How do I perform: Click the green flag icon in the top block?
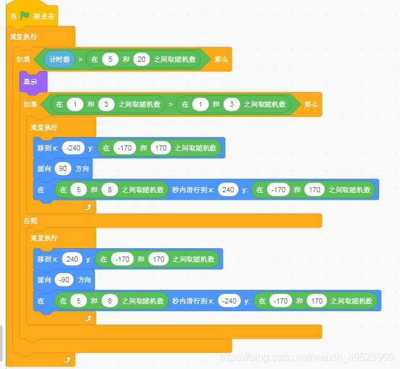click(x=24, y=15)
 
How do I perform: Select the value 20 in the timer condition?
click(x=141, y=60)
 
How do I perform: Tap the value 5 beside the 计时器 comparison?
click(x=112, y=60)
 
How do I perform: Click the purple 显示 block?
click(x=31, y=82)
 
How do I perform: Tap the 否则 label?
click(x=31, y=221)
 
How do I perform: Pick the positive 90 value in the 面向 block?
click(x=63, y=169)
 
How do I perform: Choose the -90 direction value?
click(x=64, y=280)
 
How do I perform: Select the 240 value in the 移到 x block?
click(x=72, y=259)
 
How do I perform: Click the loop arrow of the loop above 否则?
click(x=88, y=207)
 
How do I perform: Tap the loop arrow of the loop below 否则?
click(x=88, y=318)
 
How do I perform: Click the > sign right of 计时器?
click(x=80, y=60)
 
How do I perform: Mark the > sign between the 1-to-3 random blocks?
click(x=170, y=104)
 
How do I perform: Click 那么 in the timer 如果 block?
click(x=221, y=60)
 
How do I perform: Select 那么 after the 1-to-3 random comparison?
click(x=311, y=104)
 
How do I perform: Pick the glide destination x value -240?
click(x=230, y=300)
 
